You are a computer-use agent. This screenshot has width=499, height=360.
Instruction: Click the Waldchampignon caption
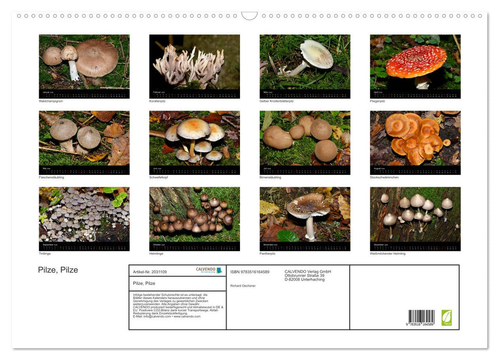pos(51,101)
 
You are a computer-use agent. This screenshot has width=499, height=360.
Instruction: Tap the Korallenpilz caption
pos(157,101)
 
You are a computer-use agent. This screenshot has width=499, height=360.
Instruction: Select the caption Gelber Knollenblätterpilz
pos(278,101)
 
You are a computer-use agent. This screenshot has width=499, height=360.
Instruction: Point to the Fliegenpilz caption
pos(377,101)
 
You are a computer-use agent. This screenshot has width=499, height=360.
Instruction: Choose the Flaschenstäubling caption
pos(51,177)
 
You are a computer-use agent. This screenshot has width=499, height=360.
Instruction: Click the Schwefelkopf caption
pos(158,177)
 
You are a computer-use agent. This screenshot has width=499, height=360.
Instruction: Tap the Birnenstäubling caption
pos(271,177)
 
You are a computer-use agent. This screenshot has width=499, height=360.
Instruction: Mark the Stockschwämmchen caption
pos(384,177)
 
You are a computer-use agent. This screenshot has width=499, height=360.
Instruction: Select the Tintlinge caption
pos(45,254)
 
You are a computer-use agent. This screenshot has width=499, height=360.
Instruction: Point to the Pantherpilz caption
pos(268,254)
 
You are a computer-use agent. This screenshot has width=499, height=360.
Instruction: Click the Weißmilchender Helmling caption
pos(387,254)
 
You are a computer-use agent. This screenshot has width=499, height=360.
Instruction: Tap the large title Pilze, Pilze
pos(58,270)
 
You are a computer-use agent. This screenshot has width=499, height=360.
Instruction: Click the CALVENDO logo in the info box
pos(209,270)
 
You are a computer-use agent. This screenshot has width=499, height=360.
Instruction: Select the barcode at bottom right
pos(421,317)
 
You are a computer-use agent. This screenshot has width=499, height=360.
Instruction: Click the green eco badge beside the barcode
pos(447,317)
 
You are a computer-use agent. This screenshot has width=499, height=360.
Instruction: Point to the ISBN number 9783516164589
pos(250,272)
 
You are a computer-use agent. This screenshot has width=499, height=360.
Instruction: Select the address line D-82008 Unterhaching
pos(305,279)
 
